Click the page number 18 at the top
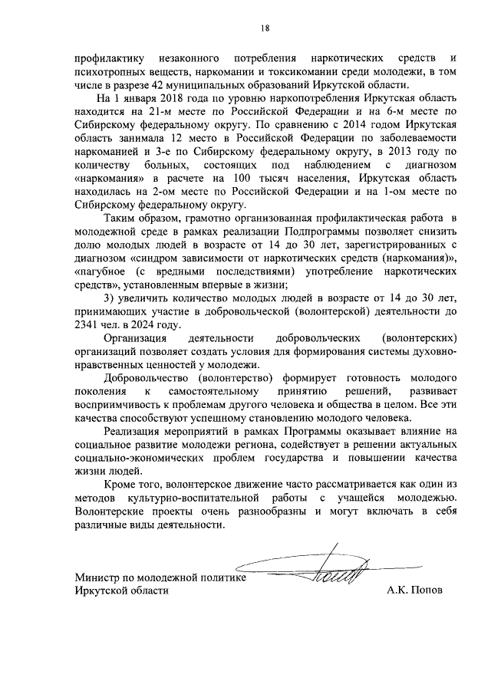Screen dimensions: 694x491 click(264, 28)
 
